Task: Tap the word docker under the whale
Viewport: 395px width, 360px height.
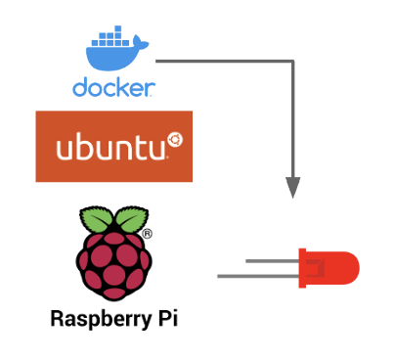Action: [x=113, y=88]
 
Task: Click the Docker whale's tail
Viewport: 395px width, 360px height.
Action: [x=147, y=45]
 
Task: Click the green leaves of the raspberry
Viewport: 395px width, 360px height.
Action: [x=113, y=220]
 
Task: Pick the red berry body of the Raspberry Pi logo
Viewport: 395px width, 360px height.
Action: [x=113, y=262]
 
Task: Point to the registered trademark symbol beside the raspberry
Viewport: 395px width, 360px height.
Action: [x=147, y=235]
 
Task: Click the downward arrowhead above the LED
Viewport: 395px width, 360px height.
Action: [x=292, y=186]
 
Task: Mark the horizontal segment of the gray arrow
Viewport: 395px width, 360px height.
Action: [x=225, y=62]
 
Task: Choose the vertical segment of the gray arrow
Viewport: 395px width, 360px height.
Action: [x=292, y=117]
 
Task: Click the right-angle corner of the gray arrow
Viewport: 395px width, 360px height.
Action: [x=291, y=62]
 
